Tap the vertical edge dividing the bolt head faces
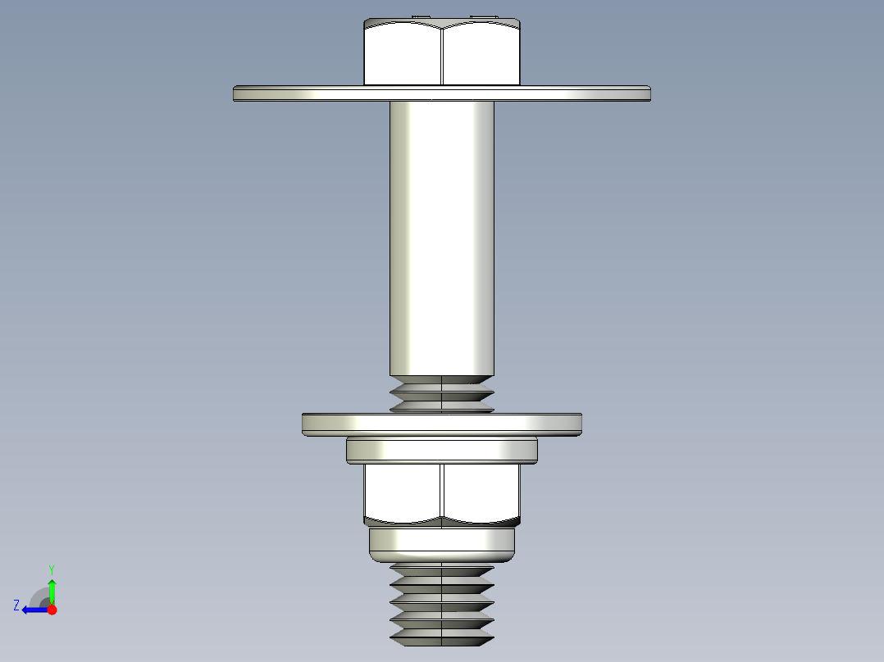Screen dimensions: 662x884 point(442,54)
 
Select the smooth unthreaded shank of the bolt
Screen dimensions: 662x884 point(442,238)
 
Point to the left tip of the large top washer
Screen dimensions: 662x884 point(236,93)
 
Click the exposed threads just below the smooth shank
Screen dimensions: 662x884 point(442,394)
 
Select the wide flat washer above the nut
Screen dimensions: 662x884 point(442,424)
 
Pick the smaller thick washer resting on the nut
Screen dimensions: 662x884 point(442,450)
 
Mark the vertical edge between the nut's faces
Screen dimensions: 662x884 point(442,492)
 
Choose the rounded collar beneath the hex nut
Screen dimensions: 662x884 point(442,542)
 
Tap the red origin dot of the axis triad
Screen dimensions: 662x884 point(52,610)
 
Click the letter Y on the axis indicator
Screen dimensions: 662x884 point(51,569)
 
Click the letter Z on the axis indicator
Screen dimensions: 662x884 point(16,605)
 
